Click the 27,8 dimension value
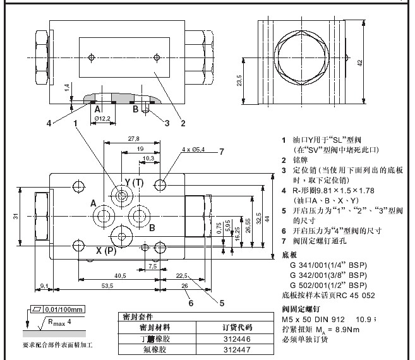(x=133, y=138)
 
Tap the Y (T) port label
(x=135, y=182)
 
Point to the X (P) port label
(x=107, y=251)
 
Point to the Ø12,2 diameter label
(x=102, y=118)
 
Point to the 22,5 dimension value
(x=183, y=275)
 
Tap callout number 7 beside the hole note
(x=222, y=151)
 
